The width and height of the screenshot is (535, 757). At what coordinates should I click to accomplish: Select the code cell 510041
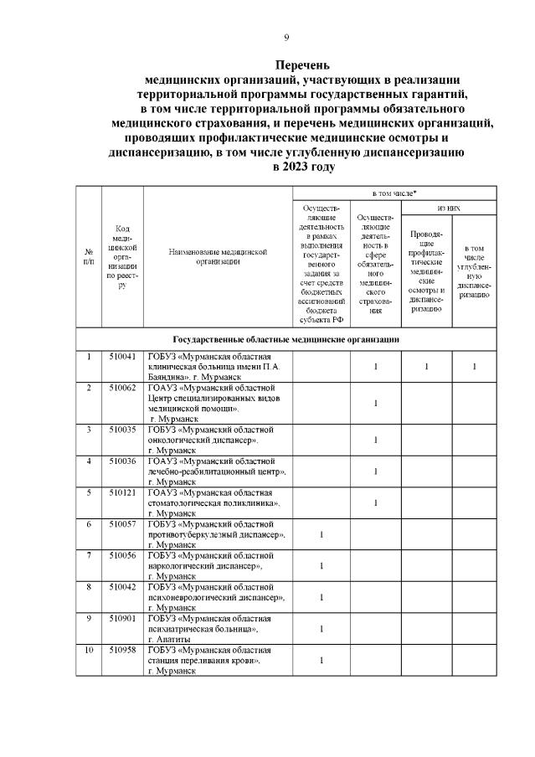click(x=122, y=357)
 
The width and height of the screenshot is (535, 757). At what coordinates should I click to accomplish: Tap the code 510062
click(x=122, y=388)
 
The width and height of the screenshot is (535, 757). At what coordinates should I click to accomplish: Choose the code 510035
click(x=122, y=429)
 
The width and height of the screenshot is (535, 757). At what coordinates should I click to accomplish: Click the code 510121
click(x=122, y=492)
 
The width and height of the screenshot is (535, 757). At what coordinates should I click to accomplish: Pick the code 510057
click(x=122, y=523)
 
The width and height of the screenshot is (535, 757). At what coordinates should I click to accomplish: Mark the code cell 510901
click(x=122, y=618)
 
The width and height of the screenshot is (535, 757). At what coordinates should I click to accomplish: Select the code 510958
click(x=122, y=650)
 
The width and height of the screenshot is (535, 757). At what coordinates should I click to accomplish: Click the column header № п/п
click(x=89, y=256)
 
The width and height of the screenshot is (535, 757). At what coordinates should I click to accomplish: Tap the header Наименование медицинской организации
click(x=217, y=256)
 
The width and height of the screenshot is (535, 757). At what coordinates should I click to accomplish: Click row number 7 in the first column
click(x=89, y=555)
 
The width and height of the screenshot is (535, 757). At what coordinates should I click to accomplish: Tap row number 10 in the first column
click(x=89, y=650)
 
